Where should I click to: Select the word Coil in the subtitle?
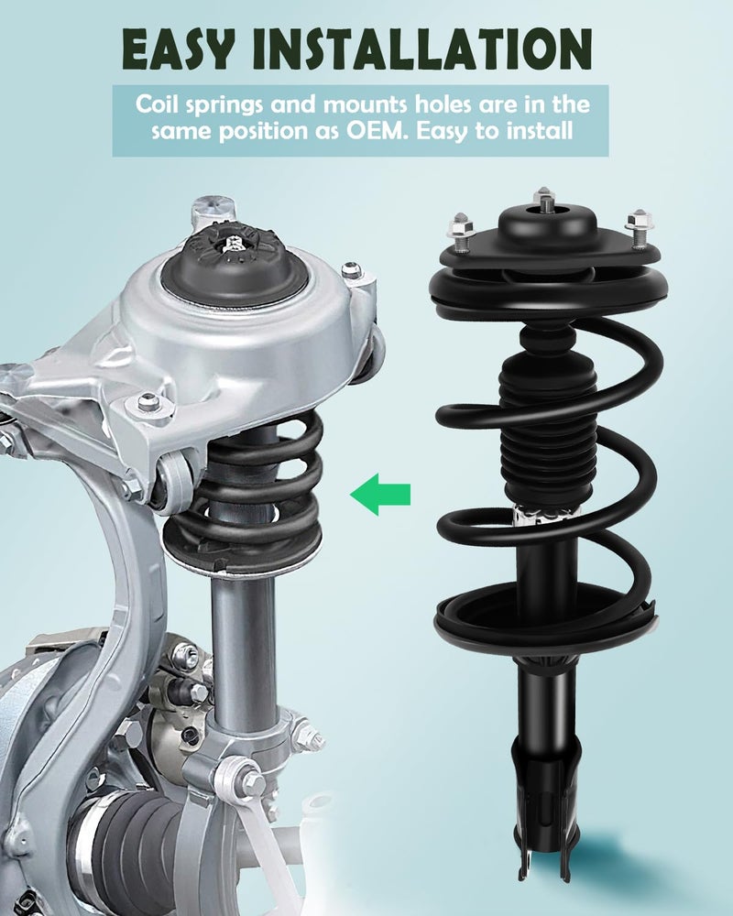157,103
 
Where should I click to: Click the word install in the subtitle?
540,131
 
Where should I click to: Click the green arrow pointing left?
380,495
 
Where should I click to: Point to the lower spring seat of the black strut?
546,616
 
